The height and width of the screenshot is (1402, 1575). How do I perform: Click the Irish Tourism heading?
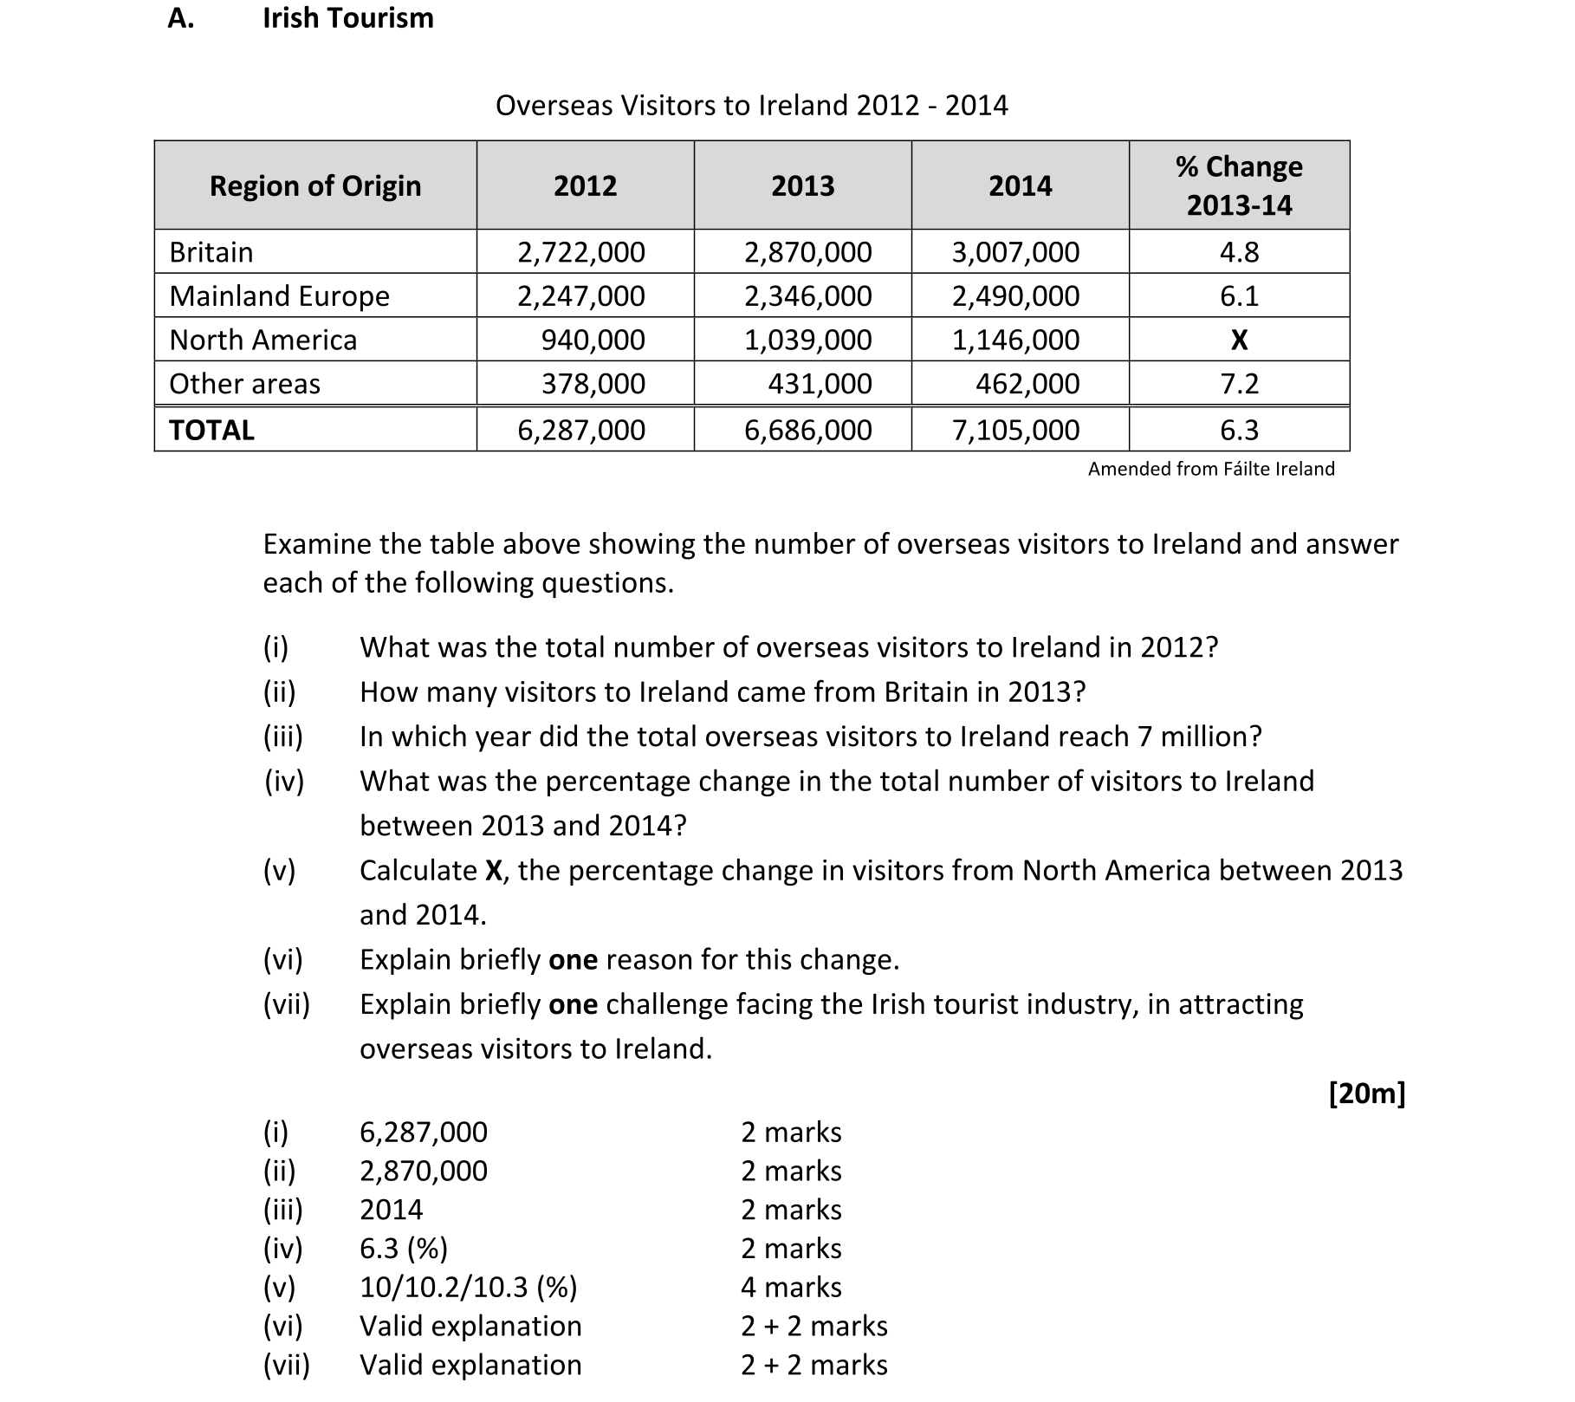click(x=347, y=18)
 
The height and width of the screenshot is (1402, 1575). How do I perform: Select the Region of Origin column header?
click(x=315, y=185)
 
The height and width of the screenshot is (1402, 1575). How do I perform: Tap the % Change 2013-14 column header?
click(x=1239, y=185)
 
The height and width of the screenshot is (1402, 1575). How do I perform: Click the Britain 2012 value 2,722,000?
click(x=580, y=252)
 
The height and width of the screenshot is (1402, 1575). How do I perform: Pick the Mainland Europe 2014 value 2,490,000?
click(x=1015, y=296)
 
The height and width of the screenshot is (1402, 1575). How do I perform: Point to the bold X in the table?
click(x=1239, y=341)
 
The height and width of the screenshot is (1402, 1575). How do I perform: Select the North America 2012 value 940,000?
click(x=593, y=341)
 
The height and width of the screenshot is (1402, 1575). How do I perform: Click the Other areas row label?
click(x=244, y=384)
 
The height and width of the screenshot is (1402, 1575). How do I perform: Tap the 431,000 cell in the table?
click(x=820, y=384)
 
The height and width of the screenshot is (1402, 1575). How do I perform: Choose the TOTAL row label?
click(x=211, y=431)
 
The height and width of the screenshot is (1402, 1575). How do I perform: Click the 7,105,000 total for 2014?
click(x=1015, y=431)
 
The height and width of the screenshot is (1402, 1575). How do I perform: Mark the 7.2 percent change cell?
click(x=1239, y=384)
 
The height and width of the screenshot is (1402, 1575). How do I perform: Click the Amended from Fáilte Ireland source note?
click(x=1210, y=469)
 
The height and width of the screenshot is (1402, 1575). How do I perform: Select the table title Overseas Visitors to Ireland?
click(x=751, y=106)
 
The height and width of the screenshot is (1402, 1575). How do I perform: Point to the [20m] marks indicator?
click(x=1366, y=1094)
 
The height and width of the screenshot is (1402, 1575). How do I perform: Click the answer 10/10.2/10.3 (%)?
click(x=468, y=1288)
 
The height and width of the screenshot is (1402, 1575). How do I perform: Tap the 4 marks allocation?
click(x=790, y=1288)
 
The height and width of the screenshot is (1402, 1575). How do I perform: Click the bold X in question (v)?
click(x=494, y=871)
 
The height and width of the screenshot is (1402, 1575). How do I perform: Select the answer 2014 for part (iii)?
click(x=391, y=1210)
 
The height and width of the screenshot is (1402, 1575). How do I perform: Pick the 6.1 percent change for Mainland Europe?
click(x=1239, y=296)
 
